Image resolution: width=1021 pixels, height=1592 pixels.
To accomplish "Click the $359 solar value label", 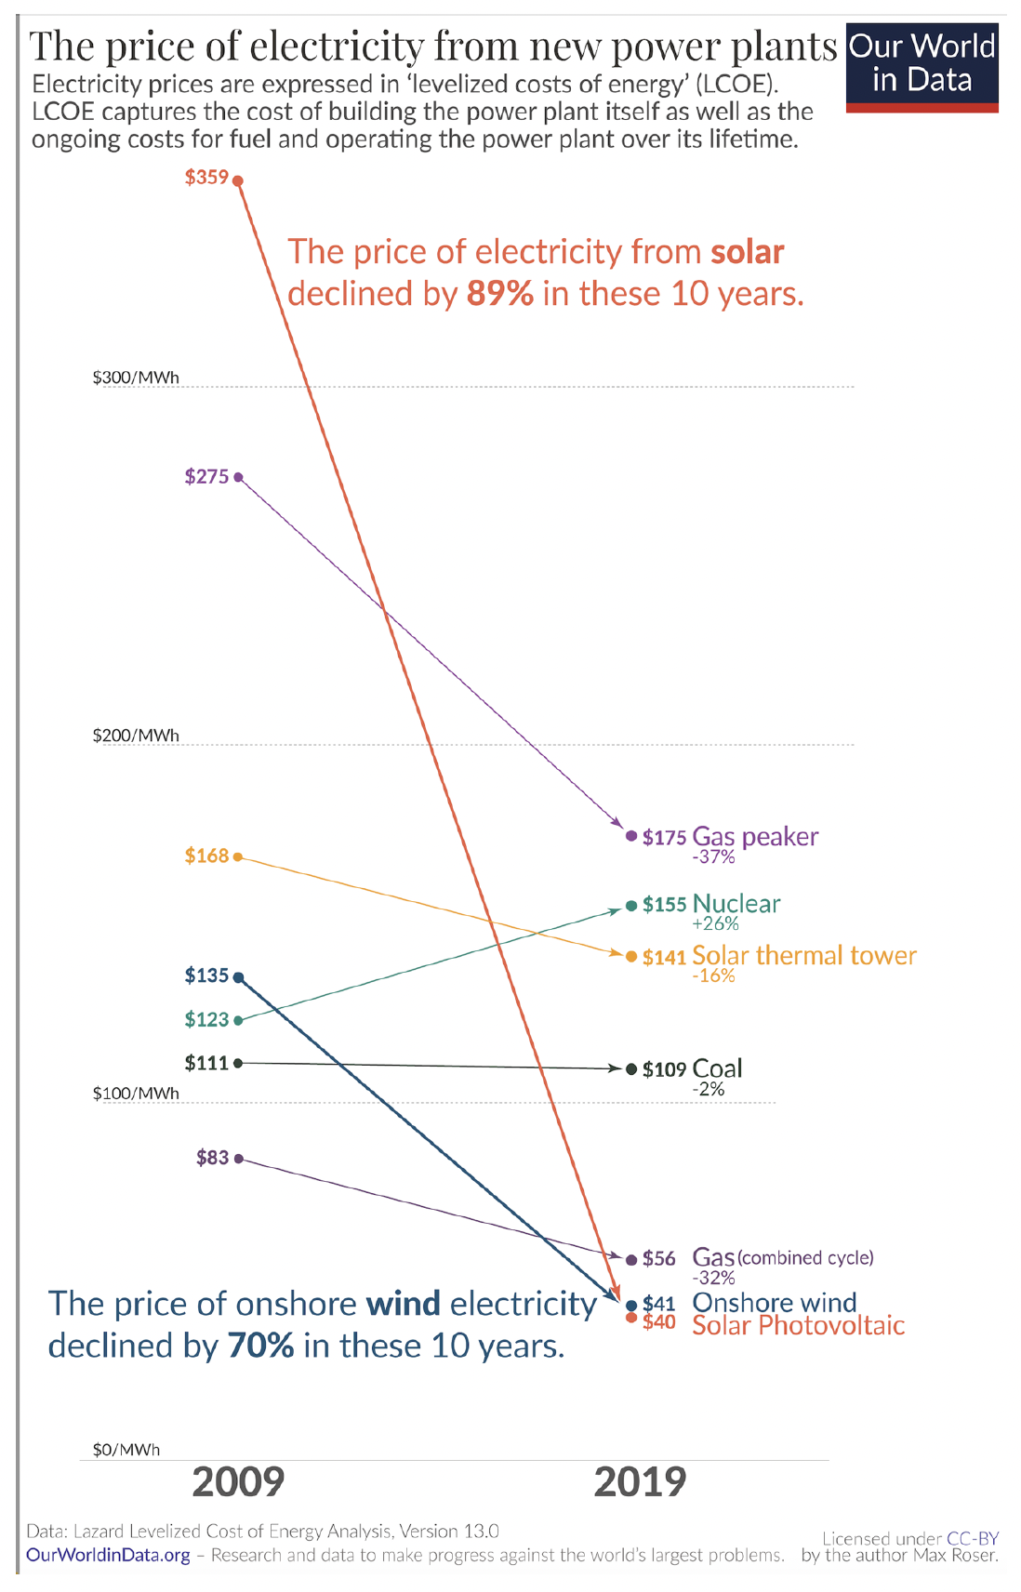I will click(206, 177).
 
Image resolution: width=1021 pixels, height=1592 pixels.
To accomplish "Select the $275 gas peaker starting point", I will click(238, 477).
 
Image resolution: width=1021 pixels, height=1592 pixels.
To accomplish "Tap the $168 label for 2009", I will click(206, 856).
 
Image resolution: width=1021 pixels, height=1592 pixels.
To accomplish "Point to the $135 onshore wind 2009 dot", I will click(238, 977).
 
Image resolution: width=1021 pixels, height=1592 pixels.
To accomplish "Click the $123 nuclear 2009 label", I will click(206, 1020).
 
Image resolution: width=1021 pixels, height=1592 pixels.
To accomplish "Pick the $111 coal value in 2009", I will click(206, 1063).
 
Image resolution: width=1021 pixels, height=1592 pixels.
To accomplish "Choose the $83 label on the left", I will click(212, 1158).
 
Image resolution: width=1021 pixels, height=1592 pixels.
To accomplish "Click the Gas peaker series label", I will click(755, 837).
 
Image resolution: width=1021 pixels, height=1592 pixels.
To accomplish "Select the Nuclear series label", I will click(736, 904).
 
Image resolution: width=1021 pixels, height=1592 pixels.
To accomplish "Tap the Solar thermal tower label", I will click(804, 956).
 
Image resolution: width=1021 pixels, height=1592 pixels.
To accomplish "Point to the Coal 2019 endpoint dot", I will click(631, 1069).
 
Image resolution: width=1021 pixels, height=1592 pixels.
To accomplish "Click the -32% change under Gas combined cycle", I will click(713, 1278).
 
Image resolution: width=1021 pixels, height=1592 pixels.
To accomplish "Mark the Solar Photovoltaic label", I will click(798, 1325).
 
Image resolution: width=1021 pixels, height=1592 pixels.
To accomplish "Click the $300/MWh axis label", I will click(136, 378).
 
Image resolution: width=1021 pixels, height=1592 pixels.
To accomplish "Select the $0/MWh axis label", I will click(126, 1450).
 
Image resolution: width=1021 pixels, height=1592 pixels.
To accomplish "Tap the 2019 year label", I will click(640, 1482).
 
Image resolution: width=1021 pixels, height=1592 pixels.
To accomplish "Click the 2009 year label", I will click(238, 1482).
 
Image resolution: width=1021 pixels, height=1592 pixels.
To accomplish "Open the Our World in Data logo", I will click(922, 65).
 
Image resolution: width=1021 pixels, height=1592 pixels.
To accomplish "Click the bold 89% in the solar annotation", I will click(500, 294).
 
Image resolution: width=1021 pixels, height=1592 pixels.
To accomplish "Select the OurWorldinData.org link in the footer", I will click(108, 1555).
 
